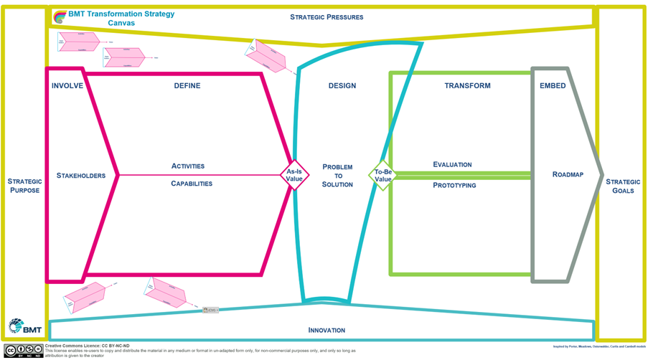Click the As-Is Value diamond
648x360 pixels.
coord(294,175)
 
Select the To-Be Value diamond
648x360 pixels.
coord(382,175)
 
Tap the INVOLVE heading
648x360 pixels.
coord(67,86)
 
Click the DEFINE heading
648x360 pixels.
coord(187,86)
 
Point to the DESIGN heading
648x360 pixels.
coord(342,86)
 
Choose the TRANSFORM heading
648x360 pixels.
coord(467,86)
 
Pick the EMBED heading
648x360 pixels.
coord(553,86)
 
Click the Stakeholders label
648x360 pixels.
coord(81,176)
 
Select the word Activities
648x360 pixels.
coord(188,166)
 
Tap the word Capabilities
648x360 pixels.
coord(192,184)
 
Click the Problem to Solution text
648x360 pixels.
coord(337,176)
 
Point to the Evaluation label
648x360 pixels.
coord(452,165)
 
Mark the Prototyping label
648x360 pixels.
coord(454,186)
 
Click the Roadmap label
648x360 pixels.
coord(568,175)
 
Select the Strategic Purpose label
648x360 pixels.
coord(25,186)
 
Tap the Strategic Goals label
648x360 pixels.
coord(623,186)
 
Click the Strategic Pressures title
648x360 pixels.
coord(327,17)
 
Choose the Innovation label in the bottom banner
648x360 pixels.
coord(327,331)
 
